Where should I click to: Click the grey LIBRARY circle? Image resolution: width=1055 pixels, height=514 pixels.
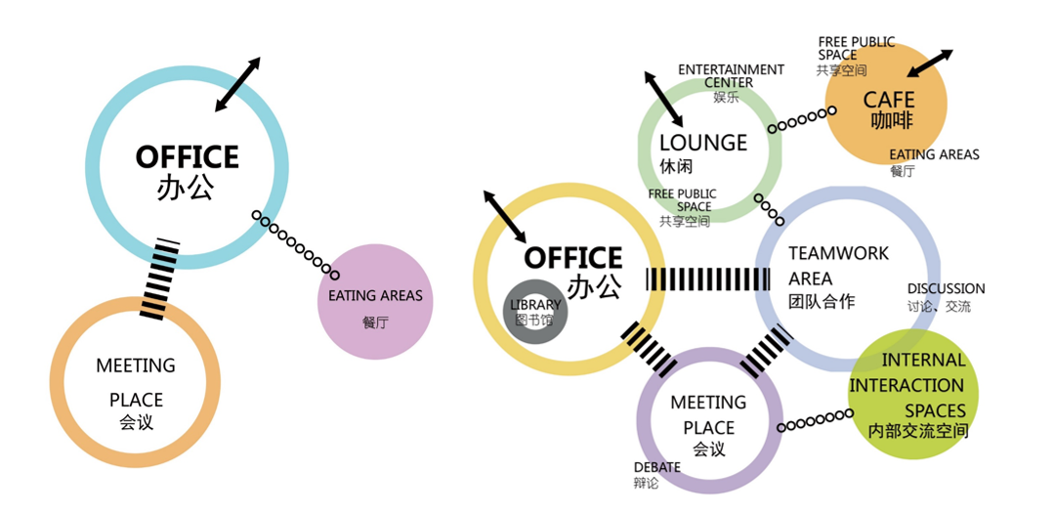534,311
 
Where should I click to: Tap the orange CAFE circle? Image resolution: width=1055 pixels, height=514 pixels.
887,105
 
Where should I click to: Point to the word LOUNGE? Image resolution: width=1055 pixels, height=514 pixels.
702,143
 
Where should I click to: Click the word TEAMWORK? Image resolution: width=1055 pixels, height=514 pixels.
839,253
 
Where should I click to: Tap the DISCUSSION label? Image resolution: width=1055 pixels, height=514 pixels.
946,289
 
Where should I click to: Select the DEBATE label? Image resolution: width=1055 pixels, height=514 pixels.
657,467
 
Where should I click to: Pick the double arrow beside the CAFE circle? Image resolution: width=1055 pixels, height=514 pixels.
930,64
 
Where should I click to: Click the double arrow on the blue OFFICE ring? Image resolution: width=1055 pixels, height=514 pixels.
237,83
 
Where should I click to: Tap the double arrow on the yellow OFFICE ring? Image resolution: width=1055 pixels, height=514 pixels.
505,217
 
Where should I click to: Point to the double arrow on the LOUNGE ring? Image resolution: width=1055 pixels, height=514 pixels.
663,98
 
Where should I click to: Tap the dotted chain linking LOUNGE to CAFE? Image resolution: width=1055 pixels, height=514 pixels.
800,120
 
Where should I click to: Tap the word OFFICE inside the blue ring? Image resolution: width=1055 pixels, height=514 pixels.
187,157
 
